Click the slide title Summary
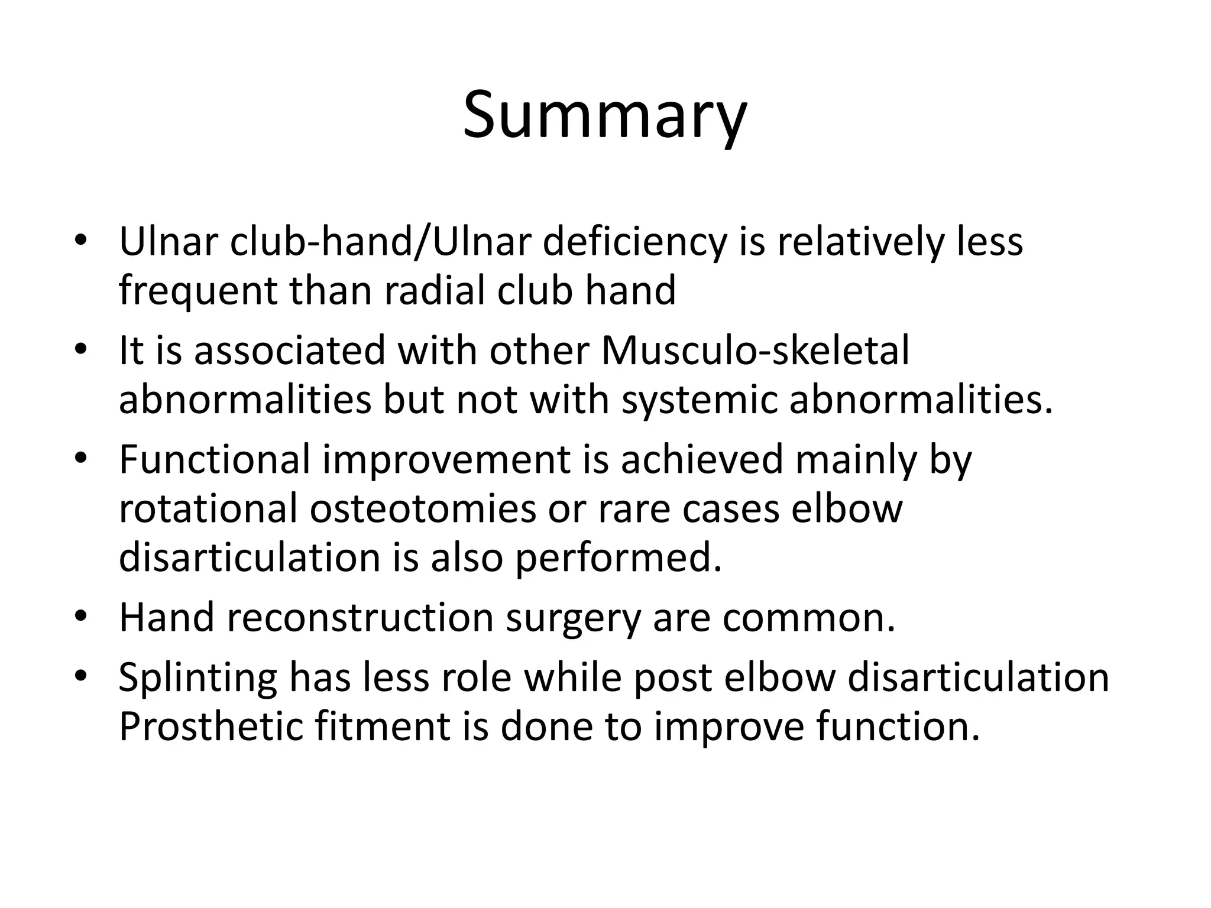tap(605, 115)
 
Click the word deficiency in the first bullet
tap(634, 243)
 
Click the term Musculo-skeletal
tap(755, 351)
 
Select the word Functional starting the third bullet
tap(214, 459)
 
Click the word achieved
tap(701, 459)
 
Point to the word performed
tap(619, 558)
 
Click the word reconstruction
tap(360, 618)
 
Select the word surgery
tap(574, 619)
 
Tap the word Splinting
tap(197, 678)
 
